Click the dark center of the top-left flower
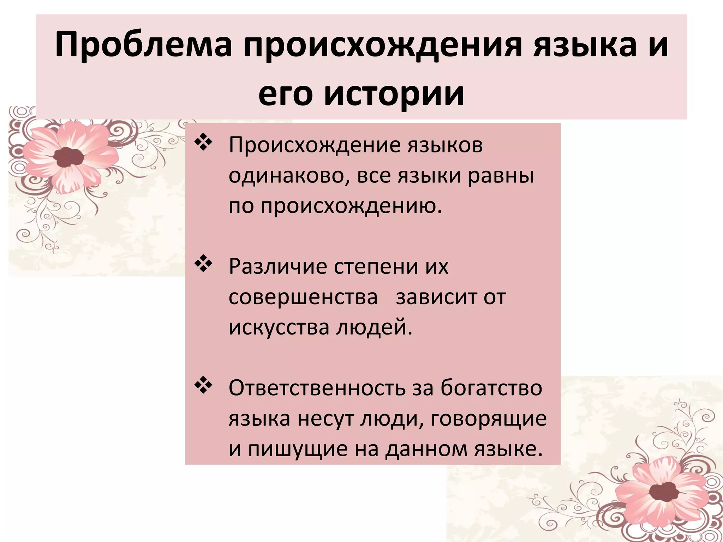(x=68, y=157)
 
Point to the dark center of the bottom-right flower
(x=664, y=491)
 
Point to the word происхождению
(x=351, y=206)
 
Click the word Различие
(x=278, y=266)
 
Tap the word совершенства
(x=303, y=297)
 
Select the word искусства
(x=279, y=327)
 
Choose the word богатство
(x=491, y=388)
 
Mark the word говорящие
(x=489, y=418)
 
